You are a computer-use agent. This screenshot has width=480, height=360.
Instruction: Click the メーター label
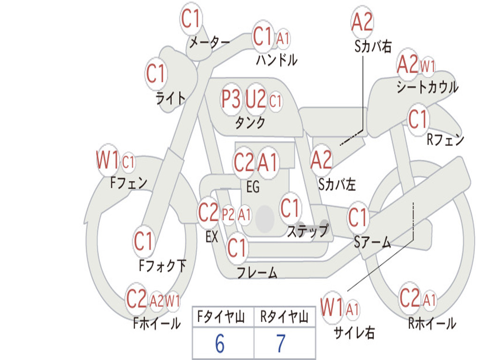pos(210,42)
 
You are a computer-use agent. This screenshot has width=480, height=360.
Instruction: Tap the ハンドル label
pos(277,60)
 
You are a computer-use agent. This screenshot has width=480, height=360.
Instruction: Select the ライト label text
pos(171,98)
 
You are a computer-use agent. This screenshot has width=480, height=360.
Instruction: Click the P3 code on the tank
pos(231,99)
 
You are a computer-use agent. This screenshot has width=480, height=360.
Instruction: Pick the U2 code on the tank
pos(255,99)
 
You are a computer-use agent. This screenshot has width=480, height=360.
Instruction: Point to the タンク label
pos(250,123)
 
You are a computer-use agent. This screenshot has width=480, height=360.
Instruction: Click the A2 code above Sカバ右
pos(362,22)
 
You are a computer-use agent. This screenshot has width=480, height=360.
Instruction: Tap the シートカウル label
pos(427,87)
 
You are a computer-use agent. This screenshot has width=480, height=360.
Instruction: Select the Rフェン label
pos(445,140)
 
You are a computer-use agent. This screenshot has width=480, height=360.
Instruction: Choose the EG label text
pos(253,187)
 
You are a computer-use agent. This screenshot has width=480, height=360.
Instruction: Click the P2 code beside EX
pos(228,215)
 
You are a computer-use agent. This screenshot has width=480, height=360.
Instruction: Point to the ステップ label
pos(308,231)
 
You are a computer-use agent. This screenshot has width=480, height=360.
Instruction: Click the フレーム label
pos(257,272)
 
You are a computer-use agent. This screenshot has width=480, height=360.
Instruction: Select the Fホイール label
pos(157,323)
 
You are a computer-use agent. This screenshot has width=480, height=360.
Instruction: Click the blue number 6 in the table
pos(220,344)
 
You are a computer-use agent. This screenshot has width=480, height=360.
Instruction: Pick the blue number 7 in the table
pos(281,344)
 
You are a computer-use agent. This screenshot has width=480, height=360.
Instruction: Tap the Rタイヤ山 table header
pos(284,317)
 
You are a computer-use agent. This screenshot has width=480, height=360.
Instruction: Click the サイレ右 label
pos(354,332)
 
